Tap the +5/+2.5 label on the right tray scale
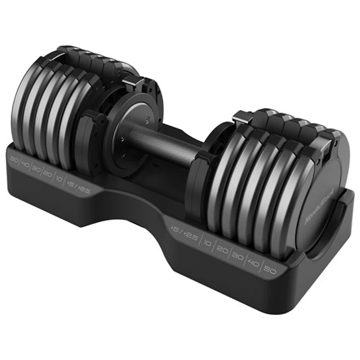(184, 233)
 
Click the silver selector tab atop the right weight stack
(241, 118)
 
